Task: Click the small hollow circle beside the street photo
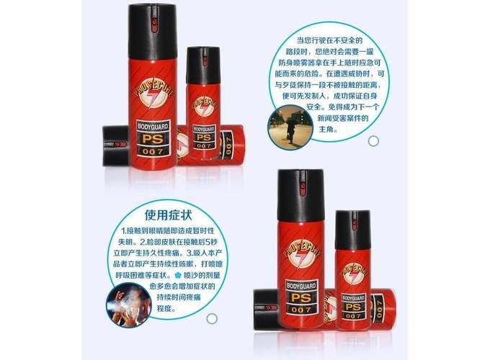pos(373,140)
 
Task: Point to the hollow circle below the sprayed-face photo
pos(212,318)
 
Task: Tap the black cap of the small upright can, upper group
pos(203,66)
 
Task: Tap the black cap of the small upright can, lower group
pos(352,229)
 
